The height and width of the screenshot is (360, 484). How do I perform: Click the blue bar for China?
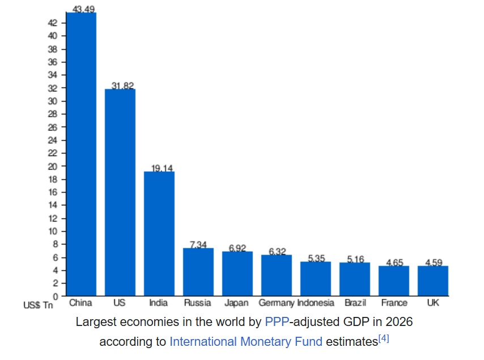(x=81, y=154)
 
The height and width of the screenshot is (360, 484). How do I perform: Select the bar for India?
(x=159, y=234)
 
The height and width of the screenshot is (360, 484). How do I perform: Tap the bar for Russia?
(x=198, y=272)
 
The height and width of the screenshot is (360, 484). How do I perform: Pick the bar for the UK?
(x=433, y=281)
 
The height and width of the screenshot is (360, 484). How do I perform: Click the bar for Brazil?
(x=355, y=279)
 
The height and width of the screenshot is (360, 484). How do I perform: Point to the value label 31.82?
(x=122, y=86)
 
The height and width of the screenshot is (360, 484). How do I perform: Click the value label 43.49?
(x=83, y=9)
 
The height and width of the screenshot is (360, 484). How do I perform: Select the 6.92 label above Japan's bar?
(x=237, y=248)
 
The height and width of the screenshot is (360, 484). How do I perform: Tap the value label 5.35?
(x=316, y=258)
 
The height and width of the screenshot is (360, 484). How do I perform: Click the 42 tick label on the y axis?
(x=53, y=23)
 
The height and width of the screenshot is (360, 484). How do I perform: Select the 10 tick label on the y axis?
(x=53, y=231)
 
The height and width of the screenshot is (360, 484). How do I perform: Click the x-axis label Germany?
(x=276, y=303)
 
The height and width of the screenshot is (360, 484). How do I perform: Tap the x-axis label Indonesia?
(x=316, y=303)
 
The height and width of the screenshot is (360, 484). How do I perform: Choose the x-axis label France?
(x=394, y=303)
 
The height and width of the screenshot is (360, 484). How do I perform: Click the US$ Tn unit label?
(x=38, y=306)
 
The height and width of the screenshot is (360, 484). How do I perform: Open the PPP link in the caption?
(x=277, y=321)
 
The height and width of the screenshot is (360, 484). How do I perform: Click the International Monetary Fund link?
(x=246, y=342)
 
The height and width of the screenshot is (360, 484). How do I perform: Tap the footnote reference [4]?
(x=383, y=338)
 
